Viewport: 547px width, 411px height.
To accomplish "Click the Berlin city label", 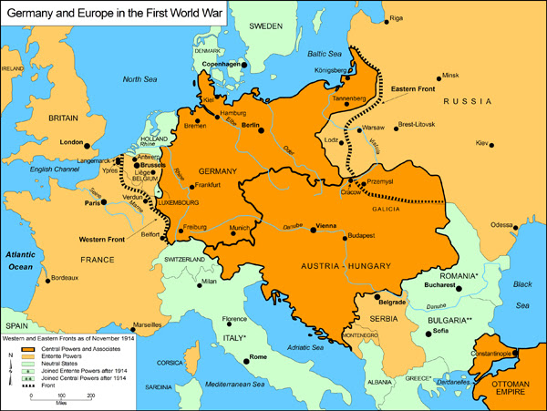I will click(252, 125).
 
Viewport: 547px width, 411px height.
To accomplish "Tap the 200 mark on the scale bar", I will click(91, 396).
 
